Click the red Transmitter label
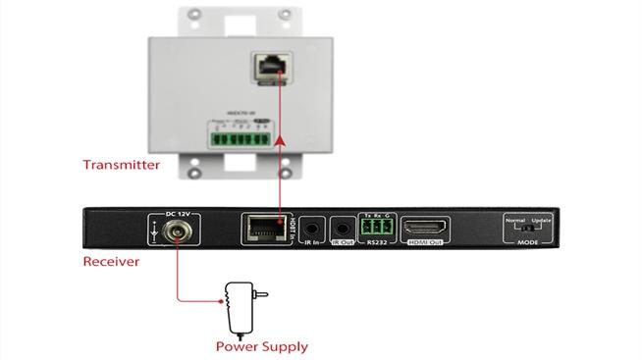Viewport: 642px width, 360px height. click(122, 165)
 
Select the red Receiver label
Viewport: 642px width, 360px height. click(110, 262)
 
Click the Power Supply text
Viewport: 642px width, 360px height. click(261, 346)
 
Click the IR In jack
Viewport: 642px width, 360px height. click(312, 231)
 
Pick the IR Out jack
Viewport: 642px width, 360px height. click(343, 231)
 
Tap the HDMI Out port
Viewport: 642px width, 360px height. click(426, 231)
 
